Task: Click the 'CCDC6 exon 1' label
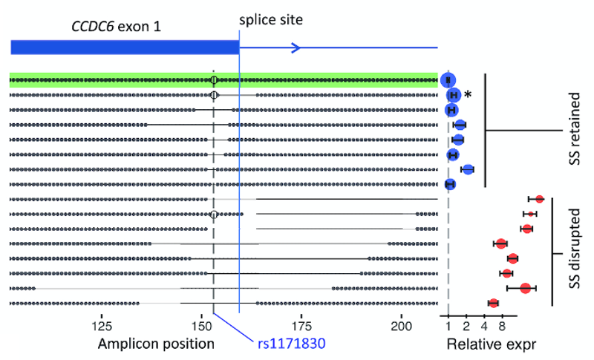(116, 27)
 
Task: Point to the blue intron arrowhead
(295, 48)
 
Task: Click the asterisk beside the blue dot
(468, 95)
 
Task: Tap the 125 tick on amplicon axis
(102, 324)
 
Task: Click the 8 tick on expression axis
(502, 324)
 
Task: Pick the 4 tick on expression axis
(484, 324)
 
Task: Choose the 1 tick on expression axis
(448, 324)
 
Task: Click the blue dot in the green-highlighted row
(448, 80)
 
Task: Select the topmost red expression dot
(540, 199)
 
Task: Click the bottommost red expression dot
(494, 303)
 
